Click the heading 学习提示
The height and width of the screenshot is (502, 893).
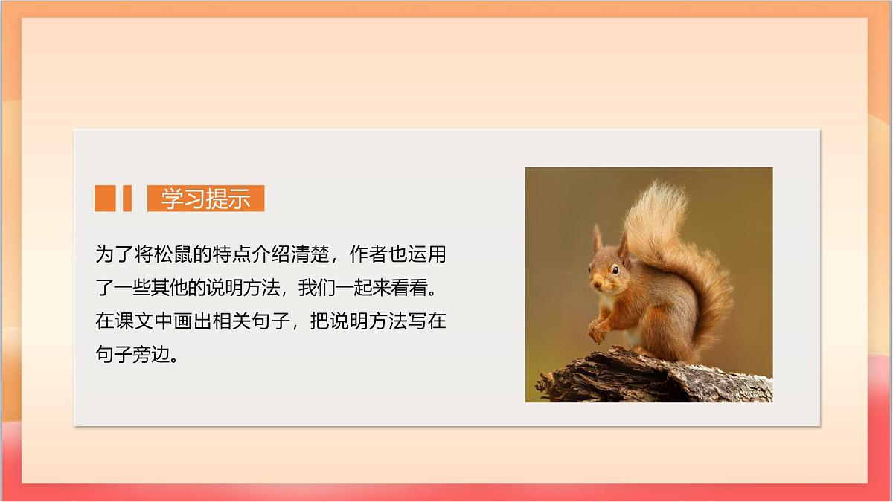[205, 199]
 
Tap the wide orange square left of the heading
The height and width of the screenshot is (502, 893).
[105, 198]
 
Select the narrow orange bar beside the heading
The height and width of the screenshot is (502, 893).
[127, 198]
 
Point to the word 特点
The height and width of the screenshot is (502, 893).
[232, 254]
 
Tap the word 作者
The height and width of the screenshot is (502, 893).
[369, 254]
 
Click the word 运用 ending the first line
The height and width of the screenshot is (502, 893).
[427, 254]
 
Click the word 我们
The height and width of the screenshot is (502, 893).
[316, 288]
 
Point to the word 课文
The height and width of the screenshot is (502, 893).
[135, 321]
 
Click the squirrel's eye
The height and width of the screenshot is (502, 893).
[615, 270]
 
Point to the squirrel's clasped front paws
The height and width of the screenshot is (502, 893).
[598, 331]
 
